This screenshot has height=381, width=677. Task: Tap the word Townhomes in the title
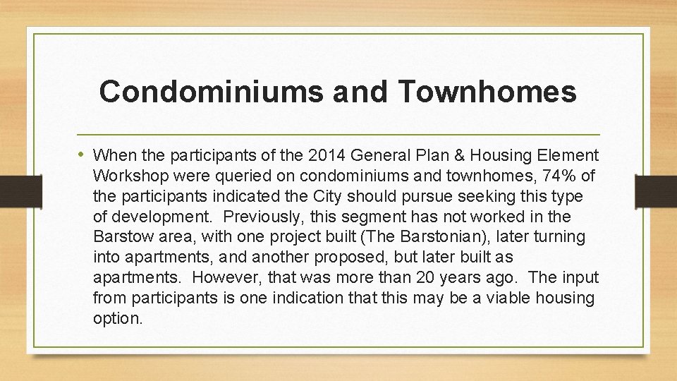point(486,92)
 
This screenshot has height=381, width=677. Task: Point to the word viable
point(510,298)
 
